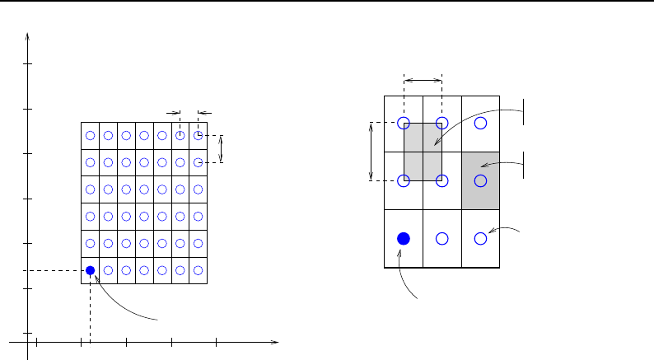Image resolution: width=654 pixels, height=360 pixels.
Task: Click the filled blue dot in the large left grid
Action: click(91, 270)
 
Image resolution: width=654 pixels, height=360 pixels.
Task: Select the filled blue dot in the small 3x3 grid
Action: click(404, 238)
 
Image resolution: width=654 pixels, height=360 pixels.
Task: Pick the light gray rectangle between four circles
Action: click(423, 152)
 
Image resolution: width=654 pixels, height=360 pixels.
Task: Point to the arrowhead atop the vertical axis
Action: click(28, 36)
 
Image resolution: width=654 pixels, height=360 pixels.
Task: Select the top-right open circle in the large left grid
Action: click(198, 136)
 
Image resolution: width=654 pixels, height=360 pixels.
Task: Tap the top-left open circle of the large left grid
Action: click(91, 136)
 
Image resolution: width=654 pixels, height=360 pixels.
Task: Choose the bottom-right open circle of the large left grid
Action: click(198, 270)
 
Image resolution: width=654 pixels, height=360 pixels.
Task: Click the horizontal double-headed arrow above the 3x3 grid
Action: click(423, 80)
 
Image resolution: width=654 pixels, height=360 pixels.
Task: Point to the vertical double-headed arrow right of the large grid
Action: click(221, 149)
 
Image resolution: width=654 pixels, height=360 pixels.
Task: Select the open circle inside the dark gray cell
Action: click(481, 180)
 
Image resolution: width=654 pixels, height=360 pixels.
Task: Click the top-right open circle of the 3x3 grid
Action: click(481, 123)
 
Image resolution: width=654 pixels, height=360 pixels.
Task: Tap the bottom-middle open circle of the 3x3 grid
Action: click(442, 238)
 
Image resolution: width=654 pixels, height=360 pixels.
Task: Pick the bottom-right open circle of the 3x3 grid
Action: click(481, 238)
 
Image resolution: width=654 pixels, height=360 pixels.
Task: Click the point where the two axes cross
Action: click(28, 340)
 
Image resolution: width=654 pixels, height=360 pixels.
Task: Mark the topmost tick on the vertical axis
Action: click(28, 63)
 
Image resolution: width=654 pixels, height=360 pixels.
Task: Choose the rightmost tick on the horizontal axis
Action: click(216, 340)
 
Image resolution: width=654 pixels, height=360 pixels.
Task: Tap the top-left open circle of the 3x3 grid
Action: click(404, 123)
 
